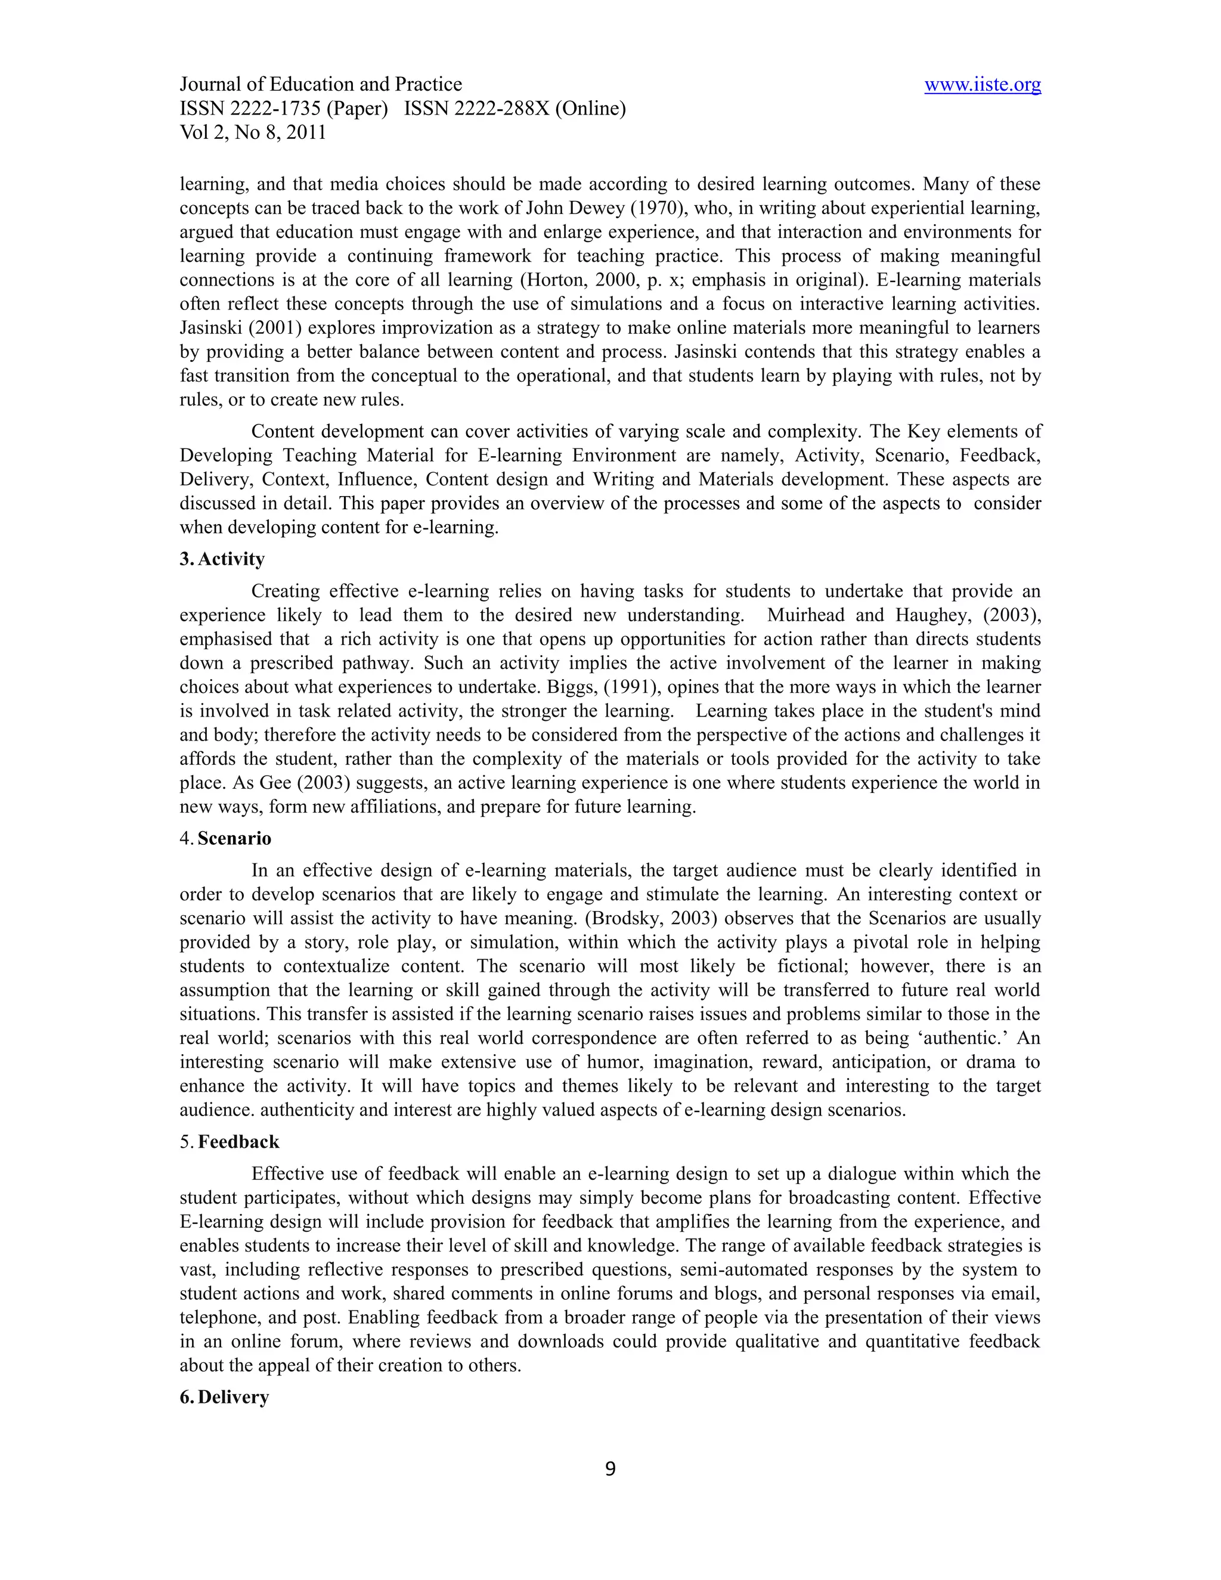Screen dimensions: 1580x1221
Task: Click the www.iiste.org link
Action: click(983, 85)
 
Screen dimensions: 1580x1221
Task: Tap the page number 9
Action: click(610, 1469)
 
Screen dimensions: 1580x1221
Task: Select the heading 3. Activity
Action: click(222, 559)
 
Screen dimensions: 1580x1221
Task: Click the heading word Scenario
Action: click(234, 838)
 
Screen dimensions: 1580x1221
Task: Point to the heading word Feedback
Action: click(238, 1142)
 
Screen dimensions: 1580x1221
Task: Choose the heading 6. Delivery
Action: click(224, 1397)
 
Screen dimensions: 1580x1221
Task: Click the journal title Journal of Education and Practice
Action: click(320, 85)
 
